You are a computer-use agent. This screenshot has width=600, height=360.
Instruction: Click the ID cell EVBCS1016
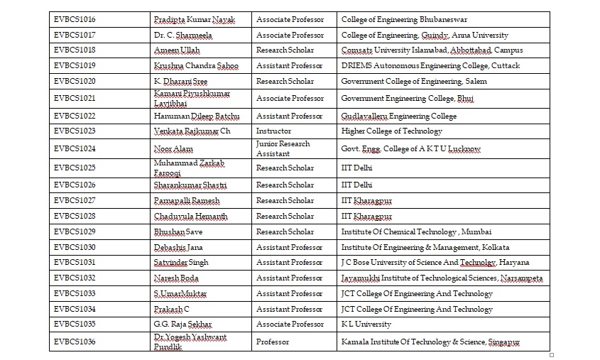click(x=75, y=19)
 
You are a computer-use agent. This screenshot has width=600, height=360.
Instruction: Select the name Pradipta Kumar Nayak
click(x=194, y=19)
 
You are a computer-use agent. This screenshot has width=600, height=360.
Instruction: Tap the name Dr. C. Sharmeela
click(x=183, y=35)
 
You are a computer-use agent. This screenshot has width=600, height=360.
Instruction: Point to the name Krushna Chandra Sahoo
click(x=196, y=66)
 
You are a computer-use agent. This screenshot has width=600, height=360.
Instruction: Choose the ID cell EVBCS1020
click(x=75, y=82)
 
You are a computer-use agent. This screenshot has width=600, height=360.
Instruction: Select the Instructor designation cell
click(x=273, y=131)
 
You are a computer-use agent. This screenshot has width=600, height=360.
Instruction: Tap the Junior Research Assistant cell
click(x=283, y=148)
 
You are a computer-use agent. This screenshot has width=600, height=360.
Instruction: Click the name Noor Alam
click(x=173, y=149)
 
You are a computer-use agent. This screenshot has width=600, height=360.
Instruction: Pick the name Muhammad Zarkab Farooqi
click(x=189, y=168)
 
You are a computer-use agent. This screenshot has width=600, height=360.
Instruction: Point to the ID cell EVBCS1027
click(x=75, y=201)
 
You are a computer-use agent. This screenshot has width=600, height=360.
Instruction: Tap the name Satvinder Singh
click(x=181, y=263)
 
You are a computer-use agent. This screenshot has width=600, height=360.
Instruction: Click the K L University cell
click(x=366, y=324)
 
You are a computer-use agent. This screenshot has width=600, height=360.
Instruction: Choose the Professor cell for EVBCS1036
click(x=273, y=342)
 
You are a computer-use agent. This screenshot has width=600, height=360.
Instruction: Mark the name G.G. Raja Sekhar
click(x=183, y=324)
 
